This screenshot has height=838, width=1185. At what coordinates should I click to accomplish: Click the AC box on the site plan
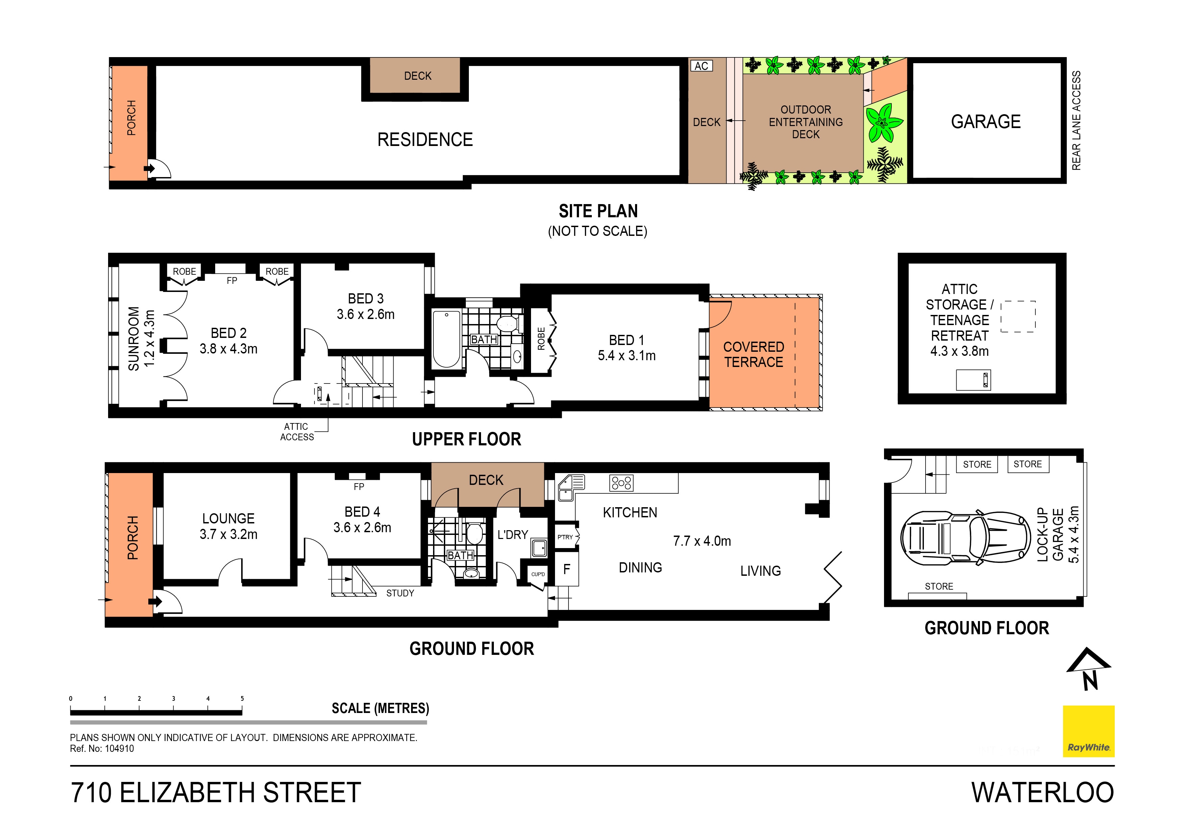click(701, 66)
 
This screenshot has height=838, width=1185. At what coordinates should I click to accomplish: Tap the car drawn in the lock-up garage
click(965, 539)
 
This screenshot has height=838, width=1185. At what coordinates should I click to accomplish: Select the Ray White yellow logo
click(1088, 731)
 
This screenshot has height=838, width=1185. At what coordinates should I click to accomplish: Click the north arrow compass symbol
click(1088, 669)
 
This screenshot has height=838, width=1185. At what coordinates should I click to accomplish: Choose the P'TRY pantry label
click(565, 537)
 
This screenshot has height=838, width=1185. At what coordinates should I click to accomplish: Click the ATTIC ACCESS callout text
click(297, 432)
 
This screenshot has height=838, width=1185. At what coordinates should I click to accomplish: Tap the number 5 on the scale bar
click(242, 698)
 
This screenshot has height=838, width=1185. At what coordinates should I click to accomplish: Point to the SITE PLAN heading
click(598, 211)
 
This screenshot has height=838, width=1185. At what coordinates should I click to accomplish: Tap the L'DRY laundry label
click(512, 535)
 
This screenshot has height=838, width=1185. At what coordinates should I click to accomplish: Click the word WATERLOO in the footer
click(1042, 793)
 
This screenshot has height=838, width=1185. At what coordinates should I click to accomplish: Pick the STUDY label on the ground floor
click(400, 593)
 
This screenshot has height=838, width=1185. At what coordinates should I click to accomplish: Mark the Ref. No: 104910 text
click(102, 749)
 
